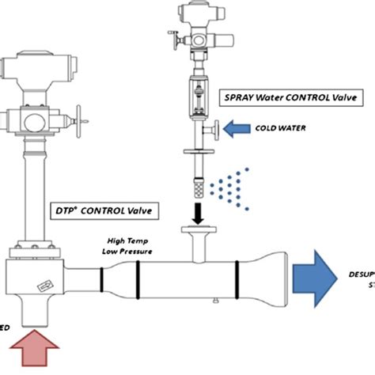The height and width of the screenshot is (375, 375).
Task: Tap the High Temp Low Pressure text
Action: (x=127, y=246)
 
